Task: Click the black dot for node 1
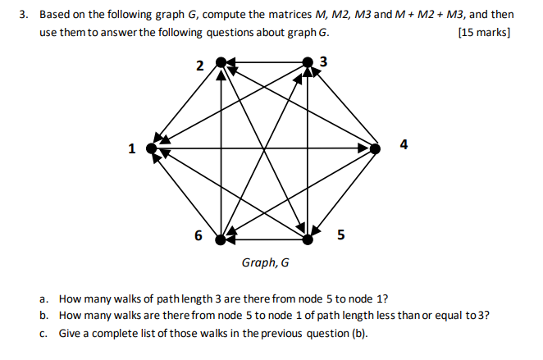pos(150,148)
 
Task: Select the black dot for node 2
pos(220,62)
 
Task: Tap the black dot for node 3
pos(308,62)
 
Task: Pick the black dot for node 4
pos(376,148)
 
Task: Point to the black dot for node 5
pos(308,239)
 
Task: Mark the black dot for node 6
pos(220,239)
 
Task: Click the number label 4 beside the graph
pos(403,145)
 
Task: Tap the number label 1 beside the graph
pos(130,149)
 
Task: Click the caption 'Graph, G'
pos(265,263)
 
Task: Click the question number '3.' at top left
pos(25,15)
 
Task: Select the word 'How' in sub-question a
pos(70,299)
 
